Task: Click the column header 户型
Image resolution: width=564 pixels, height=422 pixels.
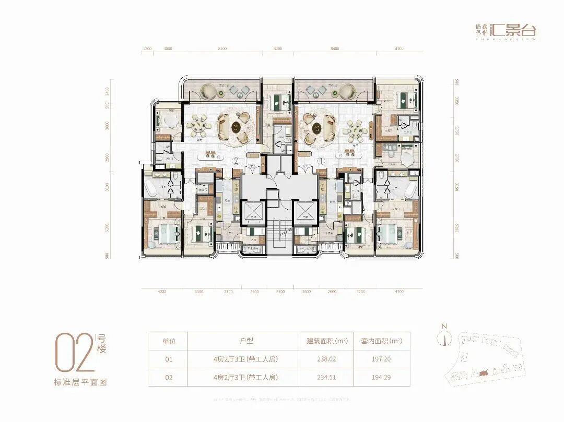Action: [x=246, y=341]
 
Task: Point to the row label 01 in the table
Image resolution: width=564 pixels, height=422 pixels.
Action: [x=168, y=359]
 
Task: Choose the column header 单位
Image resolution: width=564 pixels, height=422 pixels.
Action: [x=168, y=341]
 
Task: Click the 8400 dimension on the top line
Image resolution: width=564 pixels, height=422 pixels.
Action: [x=335, y=49]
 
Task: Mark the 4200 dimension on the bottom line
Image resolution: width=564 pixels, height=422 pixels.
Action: [x=161, y=292]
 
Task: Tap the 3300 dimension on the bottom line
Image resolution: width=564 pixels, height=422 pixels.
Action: [x=199, y=292]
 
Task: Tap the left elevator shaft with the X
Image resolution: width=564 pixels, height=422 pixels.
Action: [x=253, y=211]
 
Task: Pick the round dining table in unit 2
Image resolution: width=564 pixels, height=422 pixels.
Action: [x=196, y=126]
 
